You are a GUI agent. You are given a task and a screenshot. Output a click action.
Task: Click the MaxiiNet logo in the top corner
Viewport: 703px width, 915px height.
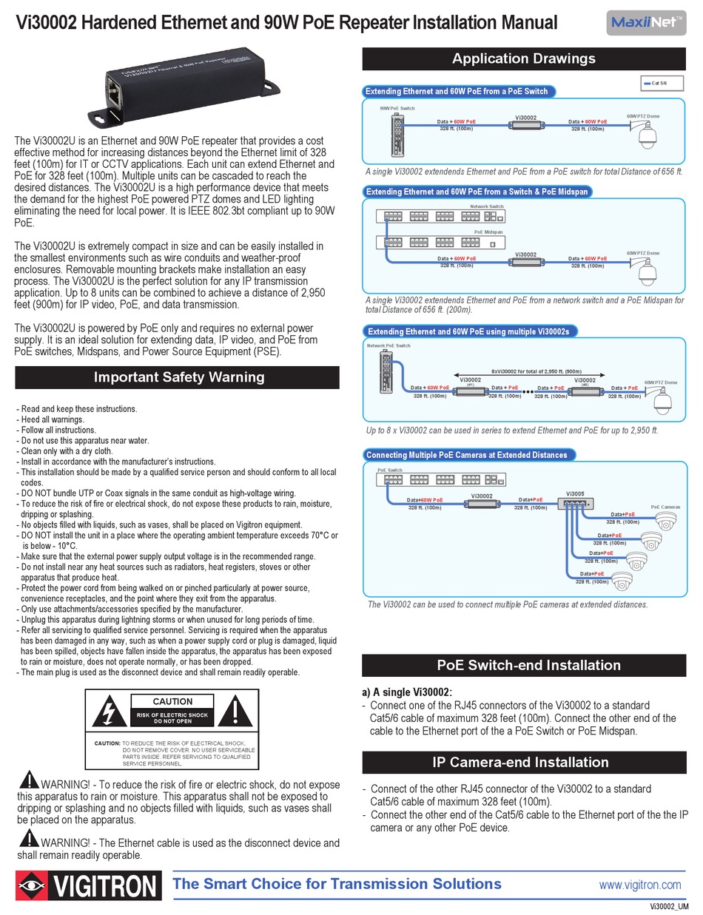pos(645,22)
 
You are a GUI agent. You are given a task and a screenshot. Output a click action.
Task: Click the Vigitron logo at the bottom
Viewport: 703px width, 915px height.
pos(89,885)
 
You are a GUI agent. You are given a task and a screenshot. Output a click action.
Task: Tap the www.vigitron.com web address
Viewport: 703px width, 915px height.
pos(639,885)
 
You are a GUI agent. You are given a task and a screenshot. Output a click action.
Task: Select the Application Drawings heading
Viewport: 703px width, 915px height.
pos(523,58)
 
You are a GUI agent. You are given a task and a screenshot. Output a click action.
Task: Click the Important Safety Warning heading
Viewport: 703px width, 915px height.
pos(178,377)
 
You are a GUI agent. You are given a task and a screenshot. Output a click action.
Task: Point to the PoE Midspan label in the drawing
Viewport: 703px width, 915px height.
pos(488,232)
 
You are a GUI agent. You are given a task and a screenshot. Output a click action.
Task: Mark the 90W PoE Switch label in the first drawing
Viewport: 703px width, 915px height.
pos(397,109)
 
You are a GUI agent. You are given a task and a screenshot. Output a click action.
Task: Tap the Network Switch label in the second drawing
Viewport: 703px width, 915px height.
pos(486,206)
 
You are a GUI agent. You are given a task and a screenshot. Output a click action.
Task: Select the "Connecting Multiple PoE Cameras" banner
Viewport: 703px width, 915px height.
pos(468,455)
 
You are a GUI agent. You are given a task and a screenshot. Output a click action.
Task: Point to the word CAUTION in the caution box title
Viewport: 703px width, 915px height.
pos(172,701)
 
